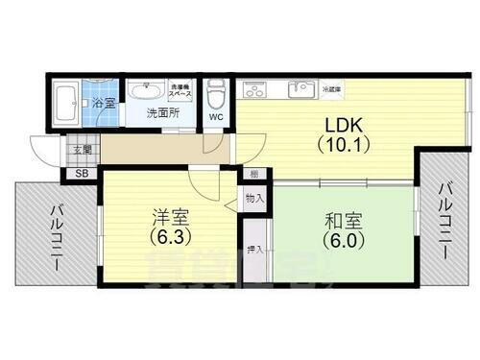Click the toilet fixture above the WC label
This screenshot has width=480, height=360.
215,93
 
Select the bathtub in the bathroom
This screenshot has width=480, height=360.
64,102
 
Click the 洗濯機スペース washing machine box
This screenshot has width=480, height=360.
180,92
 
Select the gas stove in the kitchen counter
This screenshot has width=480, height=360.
255,89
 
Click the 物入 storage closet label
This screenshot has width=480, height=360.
253,198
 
